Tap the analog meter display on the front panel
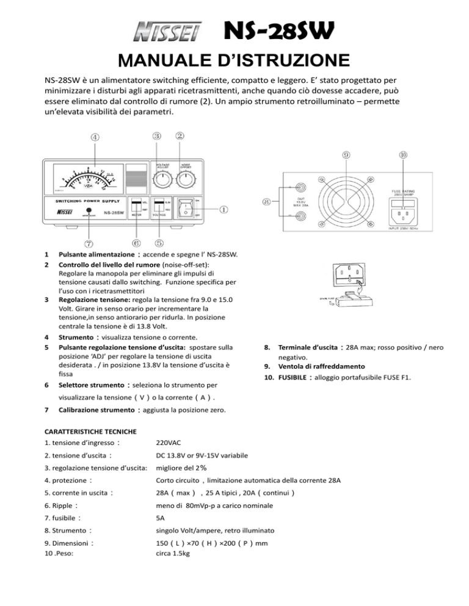(x=85, y=178)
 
